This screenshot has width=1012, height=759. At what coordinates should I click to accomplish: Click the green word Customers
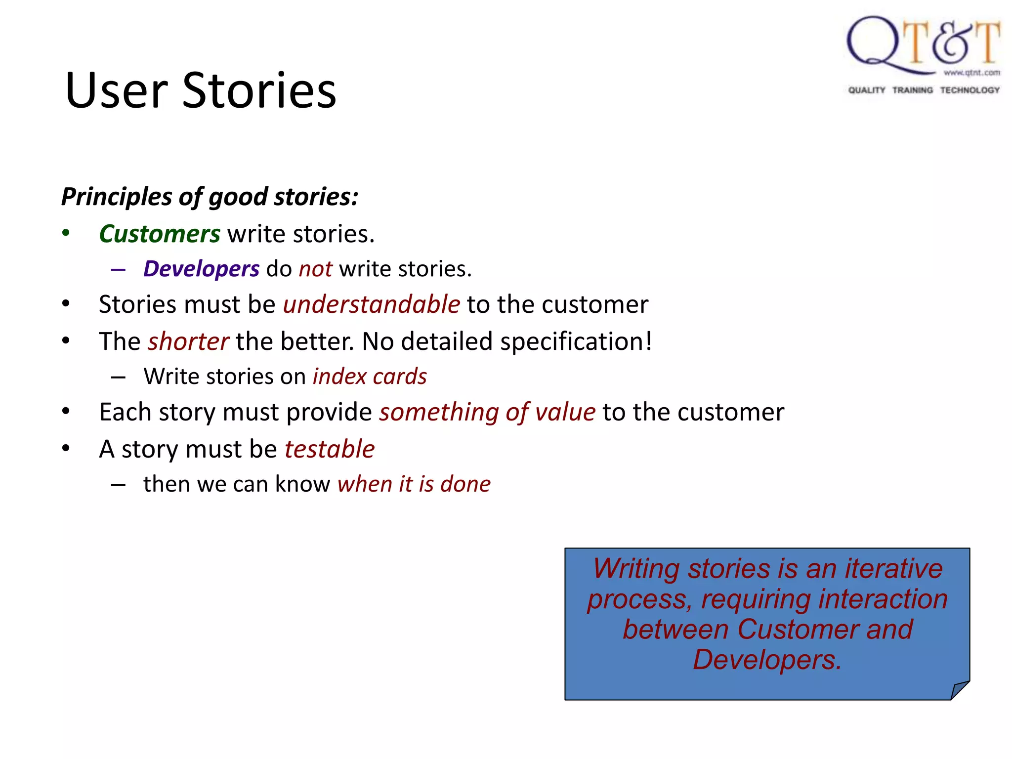coord(160,234)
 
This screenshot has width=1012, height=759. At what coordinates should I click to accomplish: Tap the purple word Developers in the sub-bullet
coord(201,269)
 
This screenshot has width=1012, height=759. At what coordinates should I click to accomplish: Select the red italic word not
coord(315,269)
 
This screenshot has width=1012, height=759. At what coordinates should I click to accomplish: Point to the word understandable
coord(372,304)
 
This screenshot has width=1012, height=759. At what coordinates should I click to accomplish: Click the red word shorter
coord(188,341)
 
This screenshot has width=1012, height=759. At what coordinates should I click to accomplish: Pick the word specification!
coord(576,341)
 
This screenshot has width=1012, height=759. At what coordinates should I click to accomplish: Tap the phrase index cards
coord(370,377)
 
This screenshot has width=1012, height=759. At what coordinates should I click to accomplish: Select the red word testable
coord(330,449)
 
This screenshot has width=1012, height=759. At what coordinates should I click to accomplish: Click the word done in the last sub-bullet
coord(465,484)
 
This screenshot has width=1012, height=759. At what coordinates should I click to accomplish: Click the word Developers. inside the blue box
coord(767,660)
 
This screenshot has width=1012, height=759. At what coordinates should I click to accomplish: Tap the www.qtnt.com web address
coord(971,73)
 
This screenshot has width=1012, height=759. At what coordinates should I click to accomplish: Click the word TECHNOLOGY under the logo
coord(970,90)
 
